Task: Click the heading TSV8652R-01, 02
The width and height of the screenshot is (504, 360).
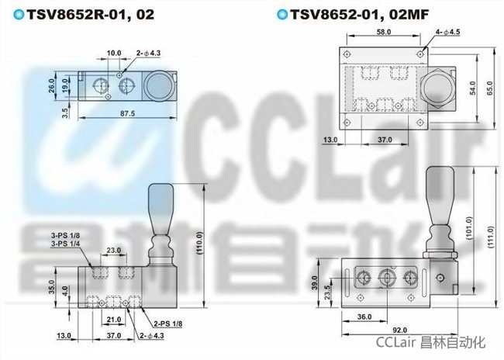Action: [x=91, y=15]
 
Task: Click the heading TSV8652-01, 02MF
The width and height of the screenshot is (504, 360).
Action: [x=360, y=15]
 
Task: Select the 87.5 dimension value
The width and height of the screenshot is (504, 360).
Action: [x=128, y=113]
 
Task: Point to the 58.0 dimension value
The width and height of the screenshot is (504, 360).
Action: [x=384, y=32]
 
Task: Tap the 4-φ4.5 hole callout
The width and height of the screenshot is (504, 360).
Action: [x=447, y=32]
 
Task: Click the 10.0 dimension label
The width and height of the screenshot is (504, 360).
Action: [x=114, y=53]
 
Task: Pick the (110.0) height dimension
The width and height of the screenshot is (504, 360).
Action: [x=199, y=243]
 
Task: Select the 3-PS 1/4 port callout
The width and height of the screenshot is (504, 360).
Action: [x=66, y=244]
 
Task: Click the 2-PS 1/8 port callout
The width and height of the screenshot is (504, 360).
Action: [x=167, y=324]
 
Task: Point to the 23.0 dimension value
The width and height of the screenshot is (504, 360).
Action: [x=114, y=250]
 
